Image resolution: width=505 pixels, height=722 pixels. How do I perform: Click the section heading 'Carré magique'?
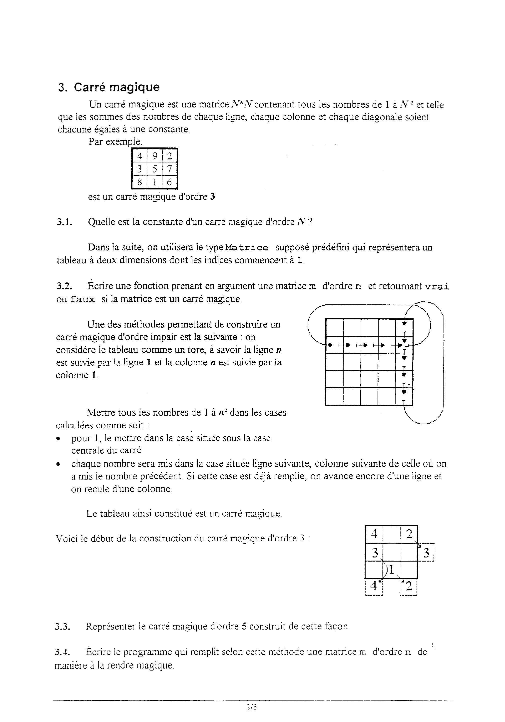[x=117, y=87]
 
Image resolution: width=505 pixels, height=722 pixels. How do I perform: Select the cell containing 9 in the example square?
[x=155, y=156]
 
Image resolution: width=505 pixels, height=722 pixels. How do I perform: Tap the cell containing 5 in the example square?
[x=155, y=169]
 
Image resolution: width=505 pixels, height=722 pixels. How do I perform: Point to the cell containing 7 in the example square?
[x=169, y=169]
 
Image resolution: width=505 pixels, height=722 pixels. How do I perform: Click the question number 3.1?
[x=64, y=222]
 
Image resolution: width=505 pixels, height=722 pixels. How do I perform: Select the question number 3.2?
[x=64, y=286]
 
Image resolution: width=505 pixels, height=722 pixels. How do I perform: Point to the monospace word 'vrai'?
[x=437, y=286]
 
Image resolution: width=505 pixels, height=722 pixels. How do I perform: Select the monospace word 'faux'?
[x=82, y=299]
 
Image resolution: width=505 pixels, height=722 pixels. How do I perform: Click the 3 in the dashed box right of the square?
[x=426, y=553]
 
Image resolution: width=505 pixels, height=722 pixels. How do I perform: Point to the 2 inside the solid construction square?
[x=409, y=534]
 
